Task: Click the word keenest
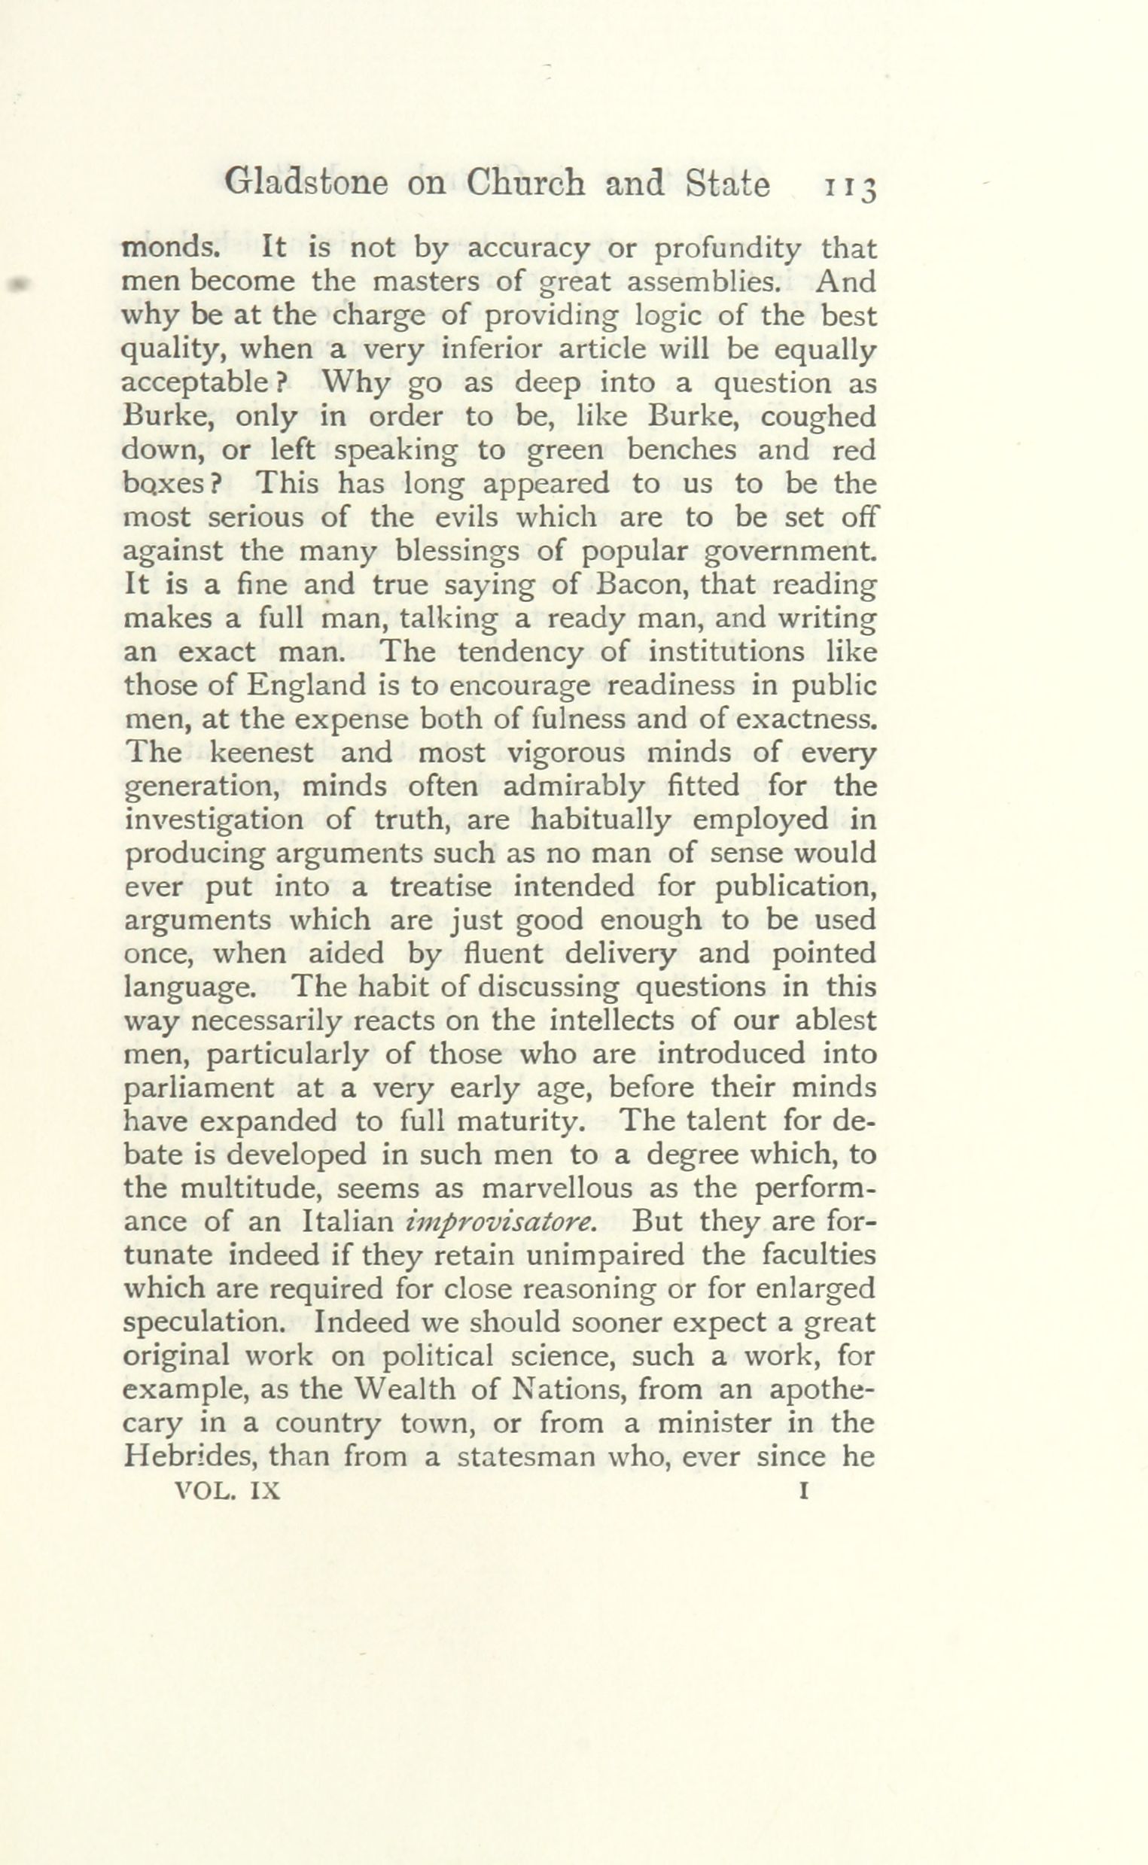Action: pos(260,752)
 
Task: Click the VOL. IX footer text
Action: pos(228,1491)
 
